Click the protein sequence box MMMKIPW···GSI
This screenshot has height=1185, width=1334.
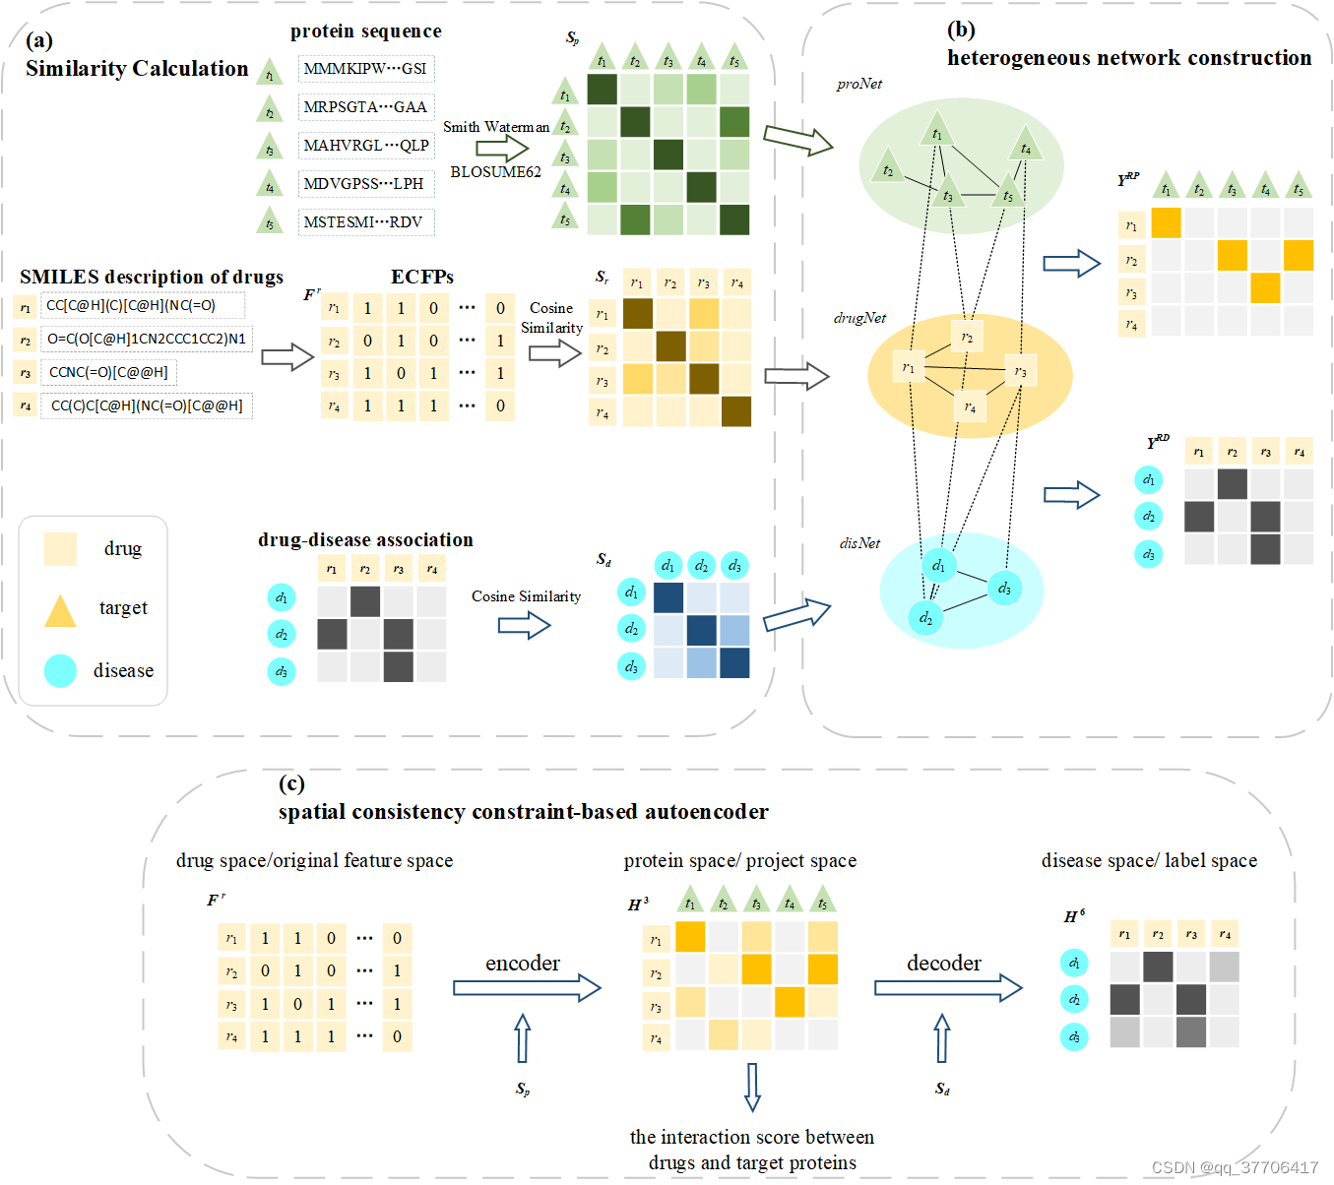(x=365, y=69)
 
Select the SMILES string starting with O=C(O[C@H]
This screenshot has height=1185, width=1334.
(x=147, y=339)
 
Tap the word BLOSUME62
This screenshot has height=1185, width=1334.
(x=495, y=172)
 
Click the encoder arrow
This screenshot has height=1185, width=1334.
(x=527, y=987)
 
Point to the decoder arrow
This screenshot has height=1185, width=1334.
(x=948, y=987)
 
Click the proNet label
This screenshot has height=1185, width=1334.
(x=858, y=85)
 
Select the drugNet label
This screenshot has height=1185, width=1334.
(x=859, y=318)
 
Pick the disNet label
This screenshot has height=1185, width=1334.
(x=858, y=543)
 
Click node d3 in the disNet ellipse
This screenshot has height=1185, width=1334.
(x=1004, y=589)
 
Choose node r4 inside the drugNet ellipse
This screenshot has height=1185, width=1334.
(x=970, y=405)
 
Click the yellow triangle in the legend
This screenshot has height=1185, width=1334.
(x=60, y=611)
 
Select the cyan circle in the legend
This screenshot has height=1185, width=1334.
(x=60, y=670)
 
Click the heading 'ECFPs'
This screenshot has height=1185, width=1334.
(x=421, y=278)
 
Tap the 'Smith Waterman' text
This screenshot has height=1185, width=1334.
(x=495, y=127)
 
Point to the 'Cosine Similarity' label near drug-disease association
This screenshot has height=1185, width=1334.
(x=526, y=596)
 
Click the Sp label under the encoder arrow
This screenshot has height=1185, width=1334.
(x=523, y=1089)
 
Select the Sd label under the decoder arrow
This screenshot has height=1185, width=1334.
(x=942, y=1089)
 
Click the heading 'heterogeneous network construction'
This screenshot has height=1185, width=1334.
(x=1128, y=58)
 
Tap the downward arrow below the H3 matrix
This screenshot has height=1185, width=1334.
(x=753, y=1087)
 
